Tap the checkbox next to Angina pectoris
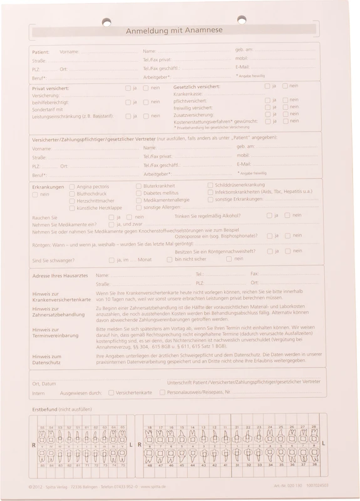pos(72,187)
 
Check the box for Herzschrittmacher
pos(72,200)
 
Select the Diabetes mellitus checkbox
pos(139,193)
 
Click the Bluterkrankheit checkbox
pos(139,186)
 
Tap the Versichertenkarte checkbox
pos(111,393)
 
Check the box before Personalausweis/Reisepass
pos(163,393)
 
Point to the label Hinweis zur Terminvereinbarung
pos(56,332)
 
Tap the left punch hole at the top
pos(106,20)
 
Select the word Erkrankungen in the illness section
pos(48,187)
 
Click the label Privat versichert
pos(51,88)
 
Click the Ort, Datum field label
pos(44,383)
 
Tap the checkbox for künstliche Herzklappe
pos(72,207)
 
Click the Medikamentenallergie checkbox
pos(139,200)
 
